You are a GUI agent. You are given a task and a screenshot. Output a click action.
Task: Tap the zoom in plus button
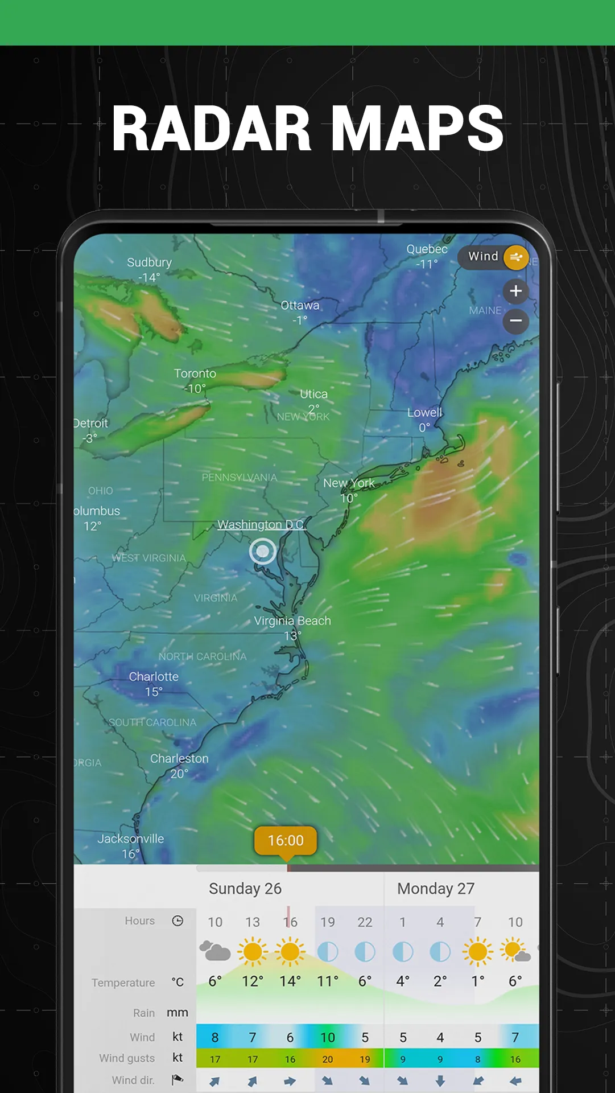(x=515, y=291)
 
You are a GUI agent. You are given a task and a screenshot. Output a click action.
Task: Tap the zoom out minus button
(x=515, y=320)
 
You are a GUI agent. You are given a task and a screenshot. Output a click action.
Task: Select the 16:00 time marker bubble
(x=286, y=840)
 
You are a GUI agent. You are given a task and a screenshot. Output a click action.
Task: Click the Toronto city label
(x=195, y=374)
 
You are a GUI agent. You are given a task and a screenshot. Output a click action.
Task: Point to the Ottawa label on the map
(x=300, y=306)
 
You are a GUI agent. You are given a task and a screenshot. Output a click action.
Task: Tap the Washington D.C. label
(x=261, y=524)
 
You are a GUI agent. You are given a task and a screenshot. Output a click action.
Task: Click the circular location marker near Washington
(x=263, y=551)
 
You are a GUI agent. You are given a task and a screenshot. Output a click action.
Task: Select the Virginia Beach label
(x=292, y=621)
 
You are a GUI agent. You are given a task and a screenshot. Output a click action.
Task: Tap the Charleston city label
(x=179, y=759)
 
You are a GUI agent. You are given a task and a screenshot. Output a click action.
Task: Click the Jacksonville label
(x=130, y=839)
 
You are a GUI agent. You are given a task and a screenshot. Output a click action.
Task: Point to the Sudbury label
(x=149, y=262)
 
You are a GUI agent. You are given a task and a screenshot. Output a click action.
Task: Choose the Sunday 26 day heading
(x=245, y=889)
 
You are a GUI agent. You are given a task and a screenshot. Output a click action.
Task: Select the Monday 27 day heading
(x=436, y=889)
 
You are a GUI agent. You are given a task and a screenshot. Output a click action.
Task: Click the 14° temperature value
(x=290, y=981)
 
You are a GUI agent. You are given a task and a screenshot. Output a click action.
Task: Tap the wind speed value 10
(x=328, y=1037)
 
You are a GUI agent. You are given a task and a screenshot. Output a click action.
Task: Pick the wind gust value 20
(x=328, y=1059)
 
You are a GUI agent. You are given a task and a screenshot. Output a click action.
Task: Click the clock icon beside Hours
(x=178, y=921)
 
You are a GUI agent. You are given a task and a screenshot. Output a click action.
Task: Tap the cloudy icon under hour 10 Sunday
(x=215, y=951)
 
